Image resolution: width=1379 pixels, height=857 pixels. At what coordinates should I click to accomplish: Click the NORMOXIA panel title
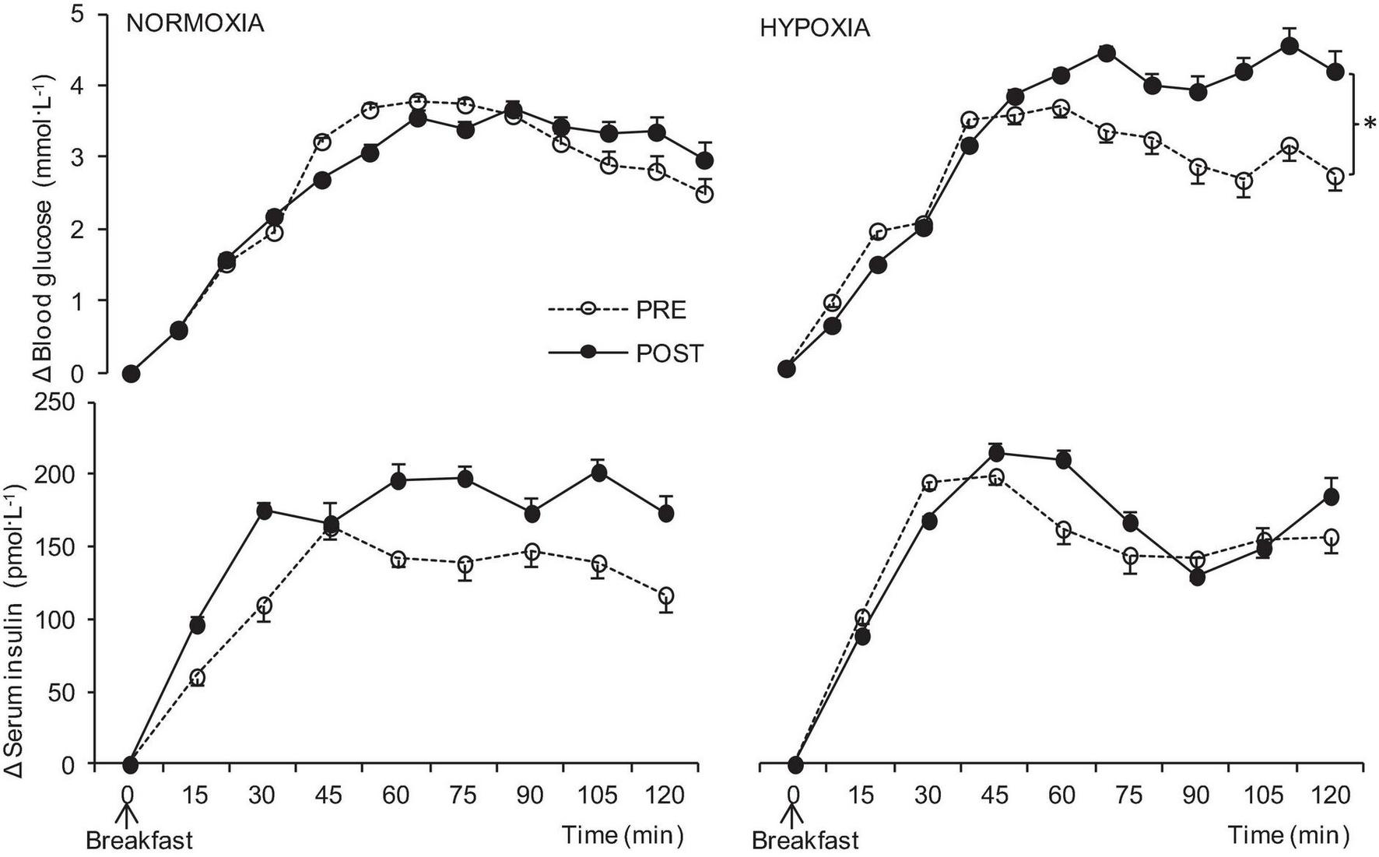click(x=195, y=24)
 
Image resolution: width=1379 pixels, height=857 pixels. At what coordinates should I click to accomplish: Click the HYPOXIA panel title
click(x=815, y=30)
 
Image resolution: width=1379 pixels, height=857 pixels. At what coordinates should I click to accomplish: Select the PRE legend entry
click(x=661, y=310)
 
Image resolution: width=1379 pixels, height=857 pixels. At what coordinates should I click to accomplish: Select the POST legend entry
click(x=668, y=354)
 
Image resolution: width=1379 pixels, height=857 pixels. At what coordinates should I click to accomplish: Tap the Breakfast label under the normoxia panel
click(x=139, y=841)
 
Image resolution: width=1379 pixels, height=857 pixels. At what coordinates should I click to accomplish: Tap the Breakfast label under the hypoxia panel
click(x=805, y=841)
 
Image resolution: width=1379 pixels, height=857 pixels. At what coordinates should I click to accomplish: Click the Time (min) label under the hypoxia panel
click(x=1290, y=836)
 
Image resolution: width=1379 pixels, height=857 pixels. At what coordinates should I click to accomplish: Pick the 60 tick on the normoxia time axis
click(x=396, y=796)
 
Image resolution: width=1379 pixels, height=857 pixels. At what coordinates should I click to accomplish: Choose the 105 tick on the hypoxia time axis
click(x=1263, y=796)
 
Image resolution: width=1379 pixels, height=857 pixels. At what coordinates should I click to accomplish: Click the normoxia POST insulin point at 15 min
click(x=198, y=626)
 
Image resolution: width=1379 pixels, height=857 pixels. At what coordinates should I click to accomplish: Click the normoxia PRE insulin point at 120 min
click(x=665, y=596)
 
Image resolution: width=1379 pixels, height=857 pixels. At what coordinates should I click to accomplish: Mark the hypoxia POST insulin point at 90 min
click(x=1198, y=578)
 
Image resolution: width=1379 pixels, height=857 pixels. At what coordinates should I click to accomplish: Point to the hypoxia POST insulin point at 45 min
click(x=996, y=454)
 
